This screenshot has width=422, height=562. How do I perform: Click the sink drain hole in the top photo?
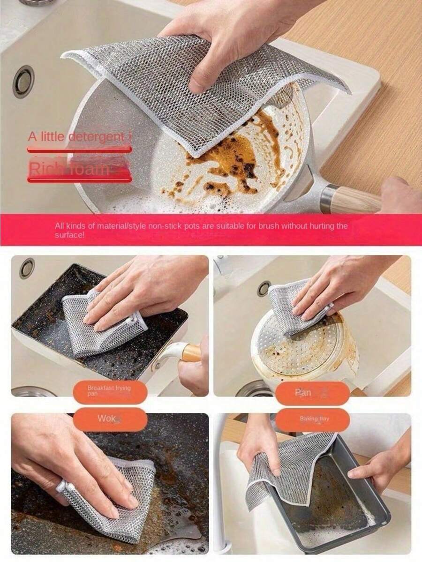(23, 81)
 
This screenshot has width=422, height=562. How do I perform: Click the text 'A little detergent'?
(77, 137)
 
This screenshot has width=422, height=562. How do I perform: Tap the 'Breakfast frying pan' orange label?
(110, 391)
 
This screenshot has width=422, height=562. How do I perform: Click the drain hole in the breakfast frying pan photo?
(27, 268)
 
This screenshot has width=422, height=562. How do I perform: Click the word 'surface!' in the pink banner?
(69, 235)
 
